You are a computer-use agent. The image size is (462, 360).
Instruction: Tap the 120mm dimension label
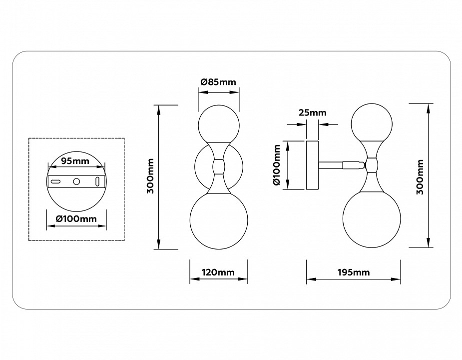[x=218, y=272]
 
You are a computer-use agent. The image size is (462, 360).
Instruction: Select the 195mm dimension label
[x=353, y=272]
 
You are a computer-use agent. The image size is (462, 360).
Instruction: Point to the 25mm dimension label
[x=312, y=112]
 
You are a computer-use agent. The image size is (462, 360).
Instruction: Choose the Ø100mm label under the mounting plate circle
[x=76, y=218]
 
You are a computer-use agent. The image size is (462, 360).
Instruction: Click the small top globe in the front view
[x=219, y=124]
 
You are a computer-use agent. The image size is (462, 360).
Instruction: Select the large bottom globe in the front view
[x=219, y=220]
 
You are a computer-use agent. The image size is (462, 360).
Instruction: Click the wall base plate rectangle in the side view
[x=312, y=165]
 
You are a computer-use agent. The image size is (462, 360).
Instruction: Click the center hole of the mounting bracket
[x=76, y=181]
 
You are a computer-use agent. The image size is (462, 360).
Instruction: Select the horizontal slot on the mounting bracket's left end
[x=56, y=181]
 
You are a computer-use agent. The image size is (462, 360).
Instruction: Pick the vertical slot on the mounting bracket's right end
[x=97, y=181]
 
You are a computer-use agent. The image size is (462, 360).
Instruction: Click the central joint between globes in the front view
[x=218, y=166]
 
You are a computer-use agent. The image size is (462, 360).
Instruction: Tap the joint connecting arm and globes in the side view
[x=371, y=163]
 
